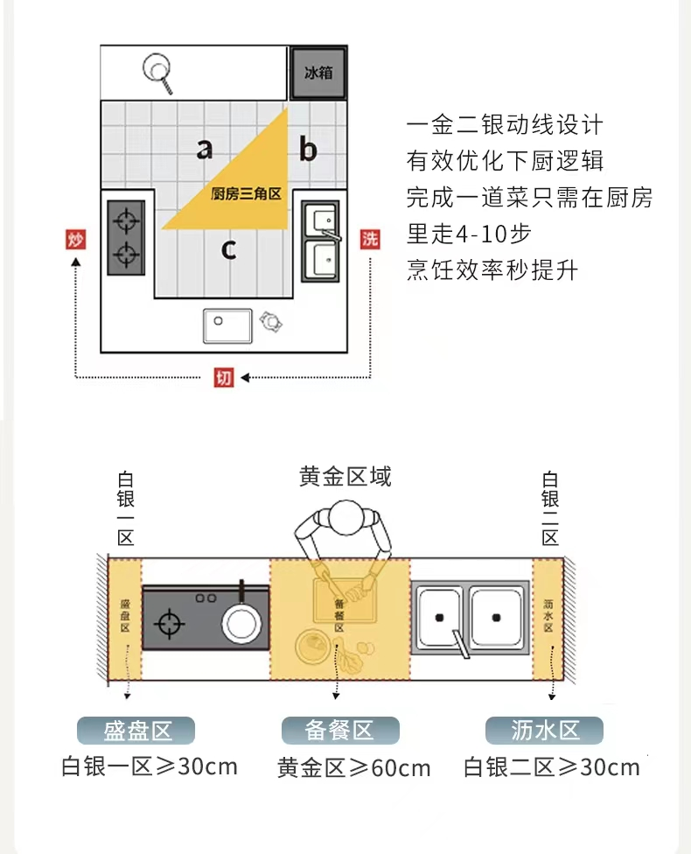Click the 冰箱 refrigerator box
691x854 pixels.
(318, 73)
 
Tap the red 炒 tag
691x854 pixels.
(76, 239)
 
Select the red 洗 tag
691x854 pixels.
(371, 239)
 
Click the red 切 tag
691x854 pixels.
(224, 378)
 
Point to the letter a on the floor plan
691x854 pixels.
(204, 149)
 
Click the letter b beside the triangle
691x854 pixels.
(308, 150)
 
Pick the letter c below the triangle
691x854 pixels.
(228, 249)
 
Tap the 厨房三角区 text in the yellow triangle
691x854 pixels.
(246, 194)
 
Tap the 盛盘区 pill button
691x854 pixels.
(136, 731)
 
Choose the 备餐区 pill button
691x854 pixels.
(339, 731)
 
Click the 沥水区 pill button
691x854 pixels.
(544, 731)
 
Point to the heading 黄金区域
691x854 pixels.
(345, 476)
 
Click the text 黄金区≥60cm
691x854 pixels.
(353, 768)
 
